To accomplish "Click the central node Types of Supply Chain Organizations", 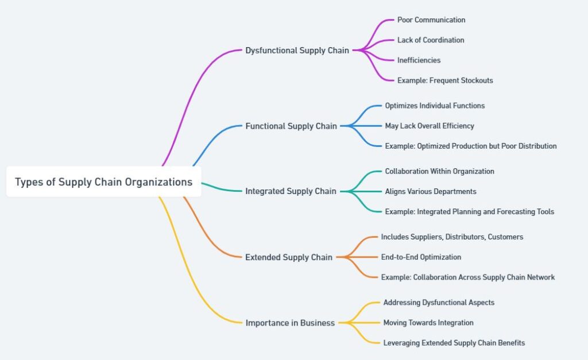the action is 104,182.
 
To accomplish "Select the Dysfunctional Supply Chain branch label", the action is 297,51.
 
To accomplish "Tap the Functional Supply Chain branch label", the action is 291,126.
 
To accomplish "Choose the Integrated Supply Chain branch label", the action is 291,191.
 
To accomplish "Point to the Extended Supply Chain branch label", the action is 289,257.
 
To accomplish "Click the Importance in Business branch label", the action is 290,323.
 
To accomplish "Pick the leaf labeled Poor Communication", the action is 431,20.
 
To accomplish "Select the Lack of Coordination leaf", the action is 431,40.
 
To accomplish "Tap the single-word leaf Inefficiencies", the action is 419,60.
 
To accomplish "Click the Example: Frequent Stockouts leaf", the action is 445,80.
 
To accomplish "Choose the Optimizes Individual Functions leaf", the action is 435,106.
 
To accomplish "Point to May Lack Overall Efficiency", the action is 430,126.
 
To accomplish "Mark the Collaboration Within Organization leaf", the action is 439,171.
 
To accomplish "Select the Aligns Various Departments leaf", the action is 431,192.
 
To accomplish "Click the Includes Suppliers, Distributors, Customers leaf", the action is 452,237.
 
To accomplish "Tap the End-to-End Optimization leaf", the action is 421,257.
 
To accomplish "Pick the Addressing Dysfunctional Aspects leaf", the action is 439,303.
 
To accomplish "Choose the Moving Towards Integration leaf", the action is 428,323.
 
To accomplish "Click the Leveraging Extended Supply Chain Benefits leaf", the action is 454,343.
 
